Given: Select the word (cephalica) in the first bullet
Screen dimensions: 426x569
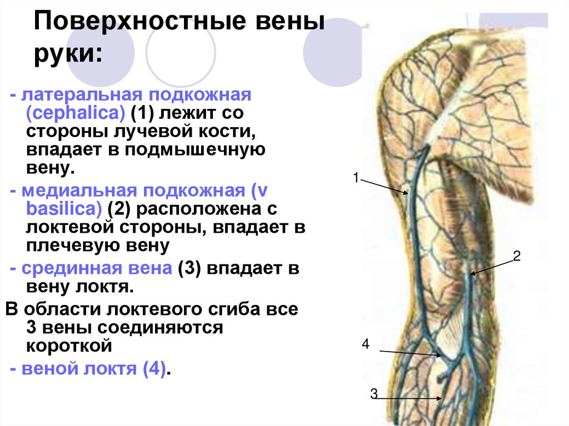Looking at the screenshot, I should (75, 113).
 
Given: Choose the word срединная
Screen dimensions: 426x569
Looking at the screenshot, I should (64, 269).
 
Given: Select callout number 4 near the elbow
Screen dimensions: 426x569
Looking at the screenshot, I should (365, 344).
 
